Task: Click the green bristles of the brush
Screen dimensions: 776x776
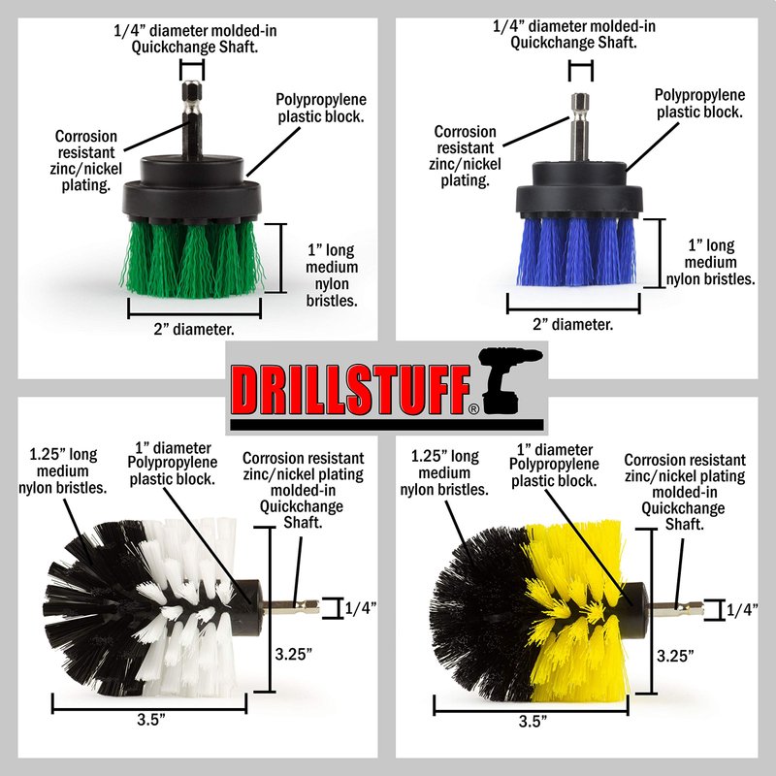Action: coord(193,258)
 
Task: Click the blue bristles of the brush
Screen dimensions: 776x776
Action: coord(576,251)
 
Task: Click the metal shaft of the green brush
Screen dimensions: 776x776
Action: coord(192,120)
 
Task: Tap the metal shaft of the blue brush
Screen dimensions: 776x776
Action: coord(580,127)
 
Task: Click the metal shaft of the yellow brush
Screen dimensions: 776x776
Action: coord(677,608)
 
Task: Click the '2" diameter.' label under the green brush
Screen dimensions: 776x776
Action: coord(194,329)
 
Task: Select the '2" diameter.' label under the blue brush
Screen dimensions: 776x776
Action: coord(572,325)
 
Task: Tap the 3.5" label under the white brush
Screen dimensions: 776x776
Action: coord(150,719)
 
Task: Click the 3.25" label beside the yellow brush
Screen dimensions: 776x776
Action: coord(675,656)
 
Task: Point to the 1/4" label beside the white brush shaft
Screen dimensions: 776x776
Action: coord(360,607)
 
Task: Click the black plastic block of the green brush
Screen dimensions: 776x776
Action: coord(192,189)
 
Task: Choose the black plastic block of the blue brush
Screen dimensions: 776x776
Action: coord(579,191)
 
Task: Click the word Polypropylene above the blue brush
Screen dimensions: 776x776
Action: coord(699,95)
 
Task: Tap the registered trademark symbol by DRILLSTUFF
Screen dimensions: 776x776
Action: coord(473,408)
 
